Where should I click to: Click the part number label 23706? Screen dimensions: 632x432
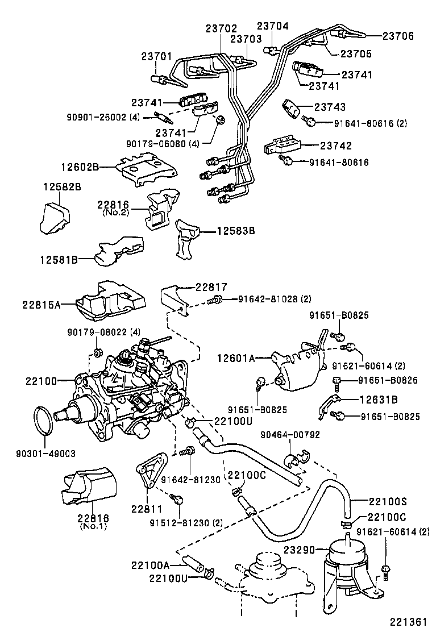(398, 36)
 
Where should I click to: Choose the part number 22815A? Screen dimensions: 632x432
(41, 304)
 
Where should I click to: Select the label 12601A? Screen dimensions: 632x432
(235, 358)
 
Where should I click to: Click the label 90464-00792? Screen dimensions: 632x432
(290, 435)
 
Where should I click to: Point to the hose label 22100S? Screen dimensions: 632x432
(388, 502)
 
